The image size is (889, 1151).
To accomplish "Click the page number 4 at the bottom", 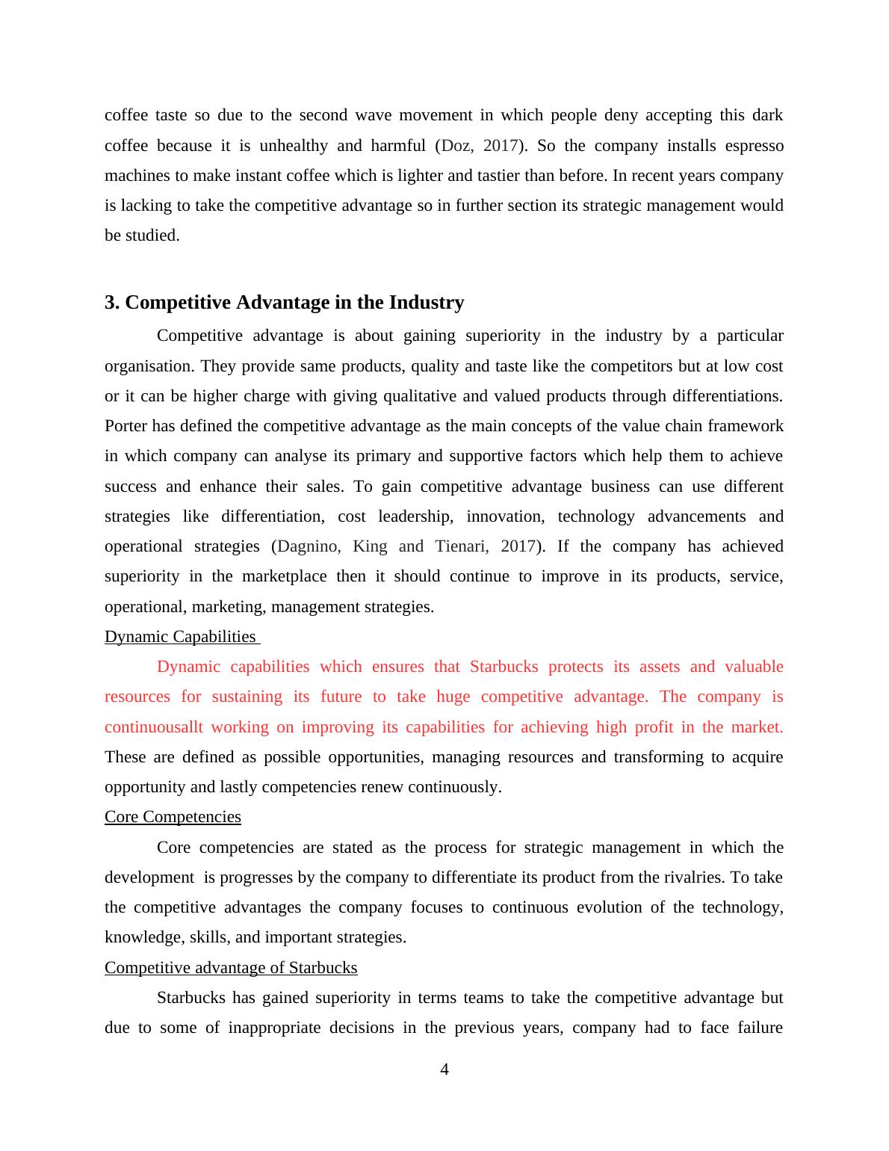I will [444, 1070].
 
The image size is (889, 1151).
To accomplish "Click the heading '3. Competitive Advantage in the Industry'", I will [284, 303].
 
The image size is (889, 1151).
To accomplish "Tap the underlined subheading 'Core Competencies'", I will [173, 817].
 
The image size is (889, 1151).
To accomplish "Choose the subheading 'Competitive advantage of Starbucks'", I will [231, 968].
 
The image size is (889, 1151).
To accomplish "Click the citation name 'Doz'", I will [456, 146].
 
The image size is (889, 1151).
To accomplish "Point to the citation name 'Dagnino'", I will [307, 546].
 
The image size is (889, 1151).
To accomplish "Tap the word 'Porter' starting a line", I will [126, 426].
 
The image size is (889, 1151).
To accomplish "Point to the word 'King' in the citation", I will [370, 546].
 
